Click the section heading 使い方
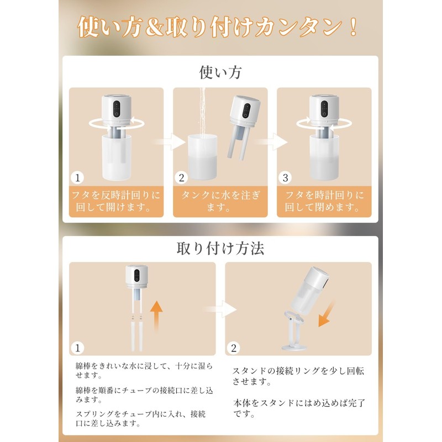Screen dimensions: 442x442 (220, 72)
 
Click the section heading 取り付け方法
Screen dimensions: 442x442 (220, 248)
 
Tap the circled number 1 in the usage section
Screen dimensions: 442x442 (78, 178)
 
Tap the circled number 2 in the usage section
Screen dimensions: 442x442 (182, 178)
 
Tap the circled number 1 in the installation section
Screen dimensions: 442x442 (78, 348)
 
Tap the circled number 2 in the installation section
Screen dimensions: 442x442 (234, 348)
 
